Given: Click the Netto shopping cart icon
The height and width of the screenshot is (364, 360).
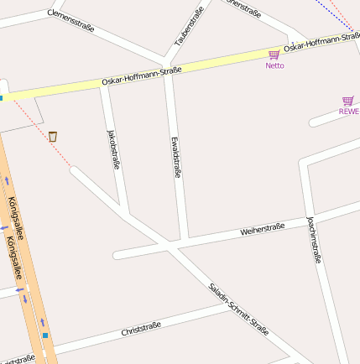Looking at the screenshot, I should (x=274, y=55).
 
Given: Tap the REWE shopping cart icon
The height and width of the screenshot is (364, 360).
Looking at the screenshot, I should (x=348, y=101).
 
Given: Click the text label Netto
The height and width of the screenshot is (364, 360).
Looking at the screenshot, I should (x=274, y=65).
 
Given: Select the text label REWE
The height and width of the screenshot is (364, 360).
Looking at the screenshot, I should (x=348, y=112).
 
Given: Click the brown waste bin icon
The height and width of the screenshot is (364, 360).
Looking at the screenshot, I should (x=53, y=136).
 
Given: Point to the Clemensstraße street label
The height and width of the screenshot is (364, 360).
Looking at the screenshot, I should (x=70, y=21).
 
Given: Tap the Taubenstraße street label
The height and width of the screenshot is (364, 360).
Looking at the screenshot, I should (x=189, y=27).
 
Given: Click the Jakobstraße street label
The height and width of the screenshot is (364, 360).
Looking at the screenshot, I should (x=113, y=149).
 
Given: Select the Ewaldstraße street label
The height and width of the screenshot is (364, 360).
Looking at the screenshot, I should (x=175, y=157).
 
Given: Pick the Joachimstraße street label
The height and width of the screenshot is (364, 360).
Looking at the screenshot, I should (x=314, y=239).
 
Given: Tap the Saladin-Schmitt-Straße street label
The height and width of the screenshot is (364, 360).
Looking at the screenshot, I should (x=238, y=309).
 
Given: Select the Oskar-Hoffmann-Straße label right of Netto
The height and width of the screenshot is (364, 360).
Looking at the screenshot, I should (x=321, y=41).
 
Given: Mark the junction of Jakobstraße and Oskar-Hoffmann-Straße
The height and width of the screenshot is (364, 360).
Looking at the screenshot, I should (x=104, y=84).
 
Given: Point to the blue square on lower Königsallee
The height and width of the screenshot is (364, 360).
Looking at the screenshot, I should (x=45, y=335).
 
